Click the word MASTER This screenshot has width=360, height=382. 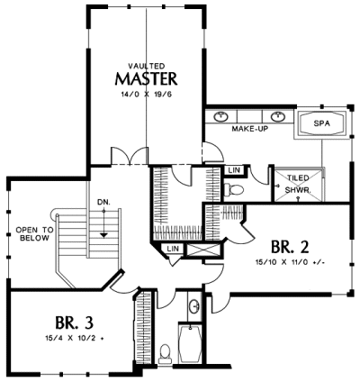coord(146,78)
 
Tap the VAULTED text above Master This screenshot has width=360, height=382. coord(147,66)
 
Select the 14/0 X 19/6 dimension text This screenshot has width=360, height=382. coord(146,95)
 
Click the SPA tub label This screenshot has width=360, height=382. coord(321,123)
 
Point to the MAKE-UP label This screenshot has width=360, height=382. coord(250,129)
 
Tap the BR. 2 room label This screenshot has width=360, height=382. coord(290,247)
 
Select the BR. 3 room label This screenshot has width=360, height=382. coord(74,323)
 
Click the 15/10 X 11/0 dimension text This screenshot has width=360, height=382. coord(290,262)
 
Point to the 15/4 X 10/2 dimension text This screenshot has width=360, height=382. coord(75,338)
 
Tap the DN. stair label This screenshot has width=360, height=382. coord(103,202)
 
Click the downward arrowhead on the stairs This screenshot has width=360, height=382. coord(103,235)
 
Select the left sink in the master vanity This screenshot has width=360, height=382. coord(220,116)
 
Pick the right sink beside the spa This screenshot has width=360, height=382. coord(278,116)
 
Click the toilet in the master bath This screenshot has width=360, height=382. coord(234,189)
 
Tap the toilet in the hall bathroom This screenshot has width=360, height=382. coord(164,353)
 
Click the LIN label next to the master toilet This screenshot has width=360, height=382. coord(234,170)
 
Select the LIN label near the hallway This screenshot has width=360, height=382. coord(173,249)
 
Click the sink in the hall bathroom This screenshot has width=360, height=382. coord(194,306)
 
